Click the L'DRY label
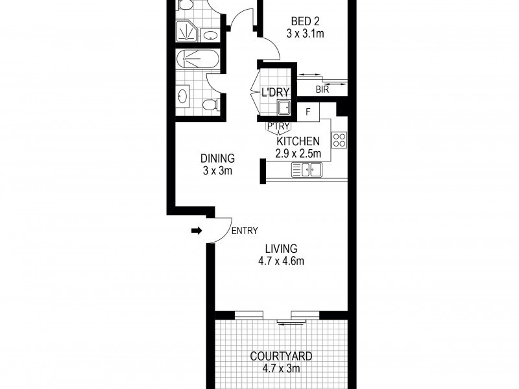274,93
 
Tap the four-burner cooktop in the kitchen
339,139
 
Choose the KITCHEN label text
298,141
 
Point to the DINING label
217,158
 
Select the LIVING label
281,248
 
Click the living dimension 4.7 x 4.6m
281,261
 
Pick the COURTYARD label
281,356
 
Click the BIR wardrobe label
322,90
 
